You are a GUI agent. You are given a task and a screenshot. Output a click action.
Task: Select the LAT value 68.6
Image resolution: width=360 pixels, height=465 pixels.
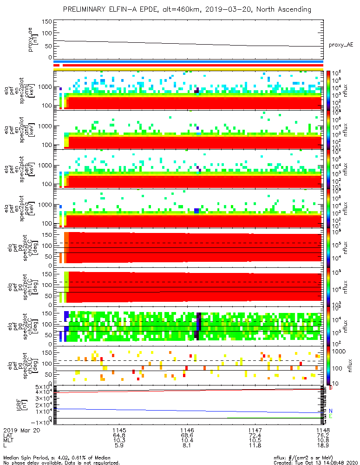click(x=187, y=435)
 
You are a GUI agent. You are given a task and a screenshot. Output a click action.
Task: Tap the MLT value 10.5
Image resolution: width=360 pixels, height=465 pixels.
click(x=255, y=440)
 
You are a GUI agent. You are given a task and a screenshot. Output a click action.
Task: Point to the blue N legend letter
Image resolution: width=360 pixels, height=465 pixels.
click(x=331, y=411)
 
